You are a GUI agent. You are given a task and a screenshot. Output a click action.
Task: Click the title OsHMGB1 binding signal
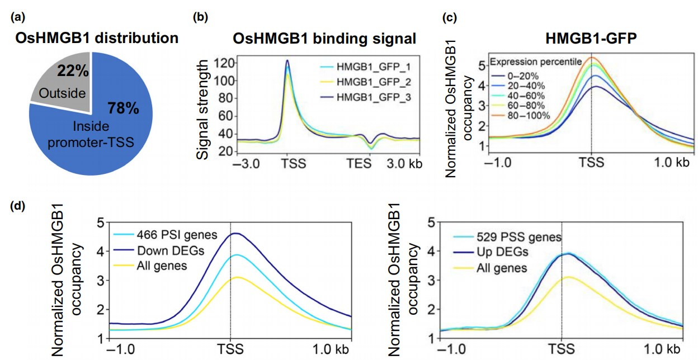(324, 39)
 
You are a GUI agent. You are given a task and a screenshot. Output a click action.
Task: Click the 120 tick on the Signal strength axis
(225, 63)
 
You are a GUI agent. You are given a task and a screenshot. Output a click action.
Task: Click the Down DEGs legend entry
(162, 251)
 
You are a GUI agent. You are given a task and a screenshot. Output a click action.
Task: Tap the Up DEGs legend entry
(503, 253)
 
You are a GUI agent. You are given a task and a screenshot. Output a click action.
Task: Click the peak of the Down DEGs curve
(235, 233)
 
